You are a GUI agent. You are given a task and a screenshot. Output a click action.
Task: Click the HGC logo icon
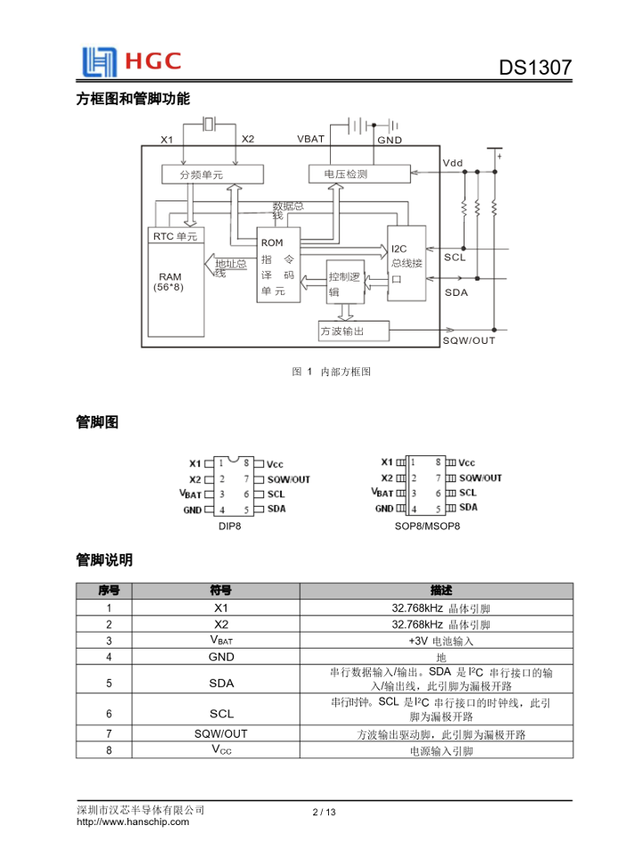[99, 61]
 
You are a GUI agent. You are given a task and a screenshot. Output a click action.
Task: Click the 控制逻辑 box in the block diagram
[346, 284]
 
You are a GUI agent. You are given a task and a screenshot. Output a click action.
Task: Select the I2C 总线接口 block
[407, 264]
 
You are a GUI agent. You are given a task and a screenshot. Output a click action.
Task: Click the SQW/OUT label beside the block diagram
[469, 340]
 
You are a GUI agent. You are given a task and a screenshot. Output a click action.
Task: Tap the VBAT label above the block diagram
[311, 140]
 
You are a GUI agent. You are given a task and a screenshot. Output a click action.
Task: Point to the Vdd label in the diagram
[453, 163]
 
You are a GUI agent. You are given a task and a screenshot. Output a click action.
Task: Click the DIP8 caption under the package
[230, 527]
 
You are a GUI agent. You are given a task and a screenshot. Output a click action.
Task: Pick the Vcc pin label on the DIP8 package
[276, 463]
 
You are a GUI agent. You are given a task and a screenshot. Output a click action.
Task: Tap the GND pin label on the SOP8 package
[383, 509]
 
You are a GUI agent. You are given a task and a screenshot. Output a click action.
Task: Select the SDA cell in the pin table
[221, 683]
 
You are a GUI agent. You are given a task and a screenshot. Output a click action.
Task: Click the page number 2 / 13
[324, 812]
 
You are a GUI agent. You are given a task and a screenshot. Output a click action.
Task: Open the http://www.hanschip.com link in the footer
[134, 822]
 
